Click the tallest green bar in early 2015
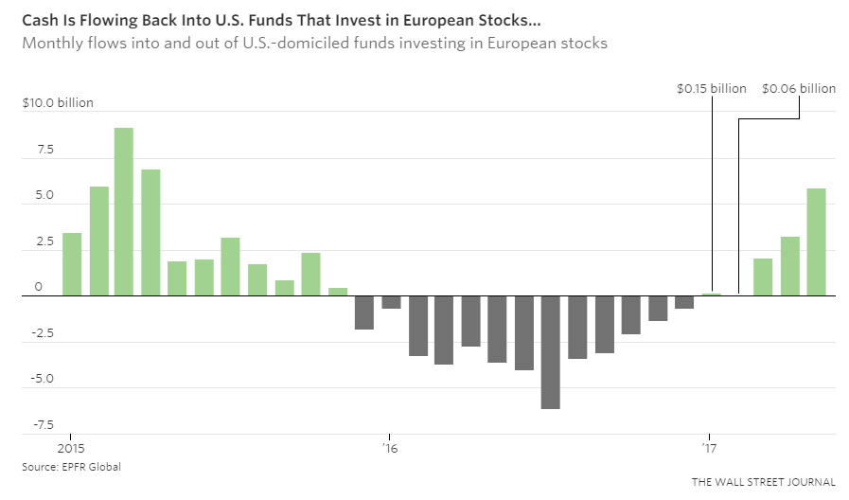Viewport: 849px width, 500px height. (124, 211)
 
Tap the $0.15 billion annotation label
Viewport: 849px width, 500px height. (711, 88)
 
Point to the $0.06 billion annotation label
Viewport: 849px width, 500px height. (799, 88)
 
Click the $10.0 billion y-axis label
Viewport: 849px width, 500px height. (58, 103)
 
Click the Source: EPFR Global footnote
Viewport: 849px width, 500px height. (72, 467)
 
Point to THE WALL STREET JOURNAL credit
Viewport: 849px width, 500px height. (764, 482)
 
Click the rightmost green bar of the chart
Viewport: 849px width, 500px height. (816, 241)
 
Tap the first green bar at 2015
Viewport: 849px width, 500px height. (71, 264)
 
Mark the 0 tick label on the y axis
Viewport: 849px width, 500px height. (40, 287)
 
